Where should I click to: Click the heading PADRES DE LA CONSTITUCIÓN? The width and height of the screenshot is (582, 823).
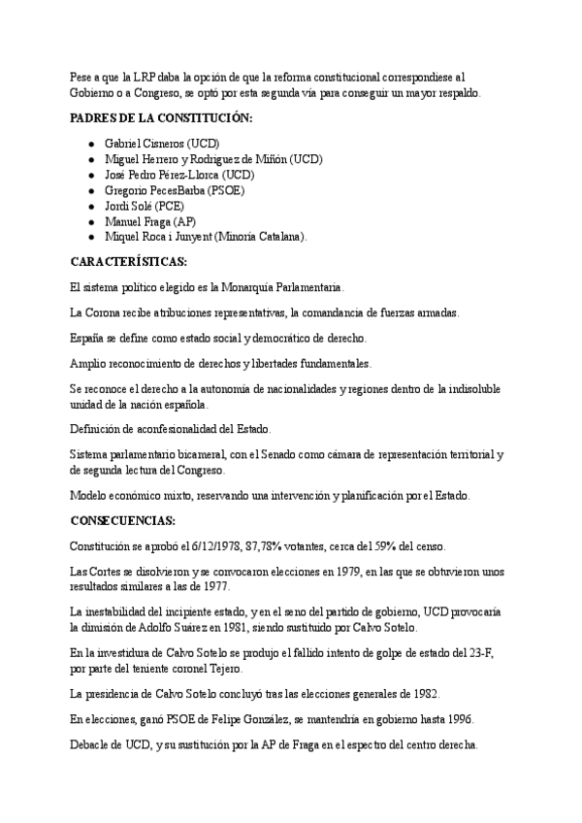click(161, 117)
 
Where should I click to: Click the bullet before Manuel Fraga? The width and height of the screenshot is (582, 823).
click(90, 221)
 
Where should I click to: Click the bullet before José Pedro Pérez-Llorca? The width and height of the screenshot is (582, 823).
click(90, 175)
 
